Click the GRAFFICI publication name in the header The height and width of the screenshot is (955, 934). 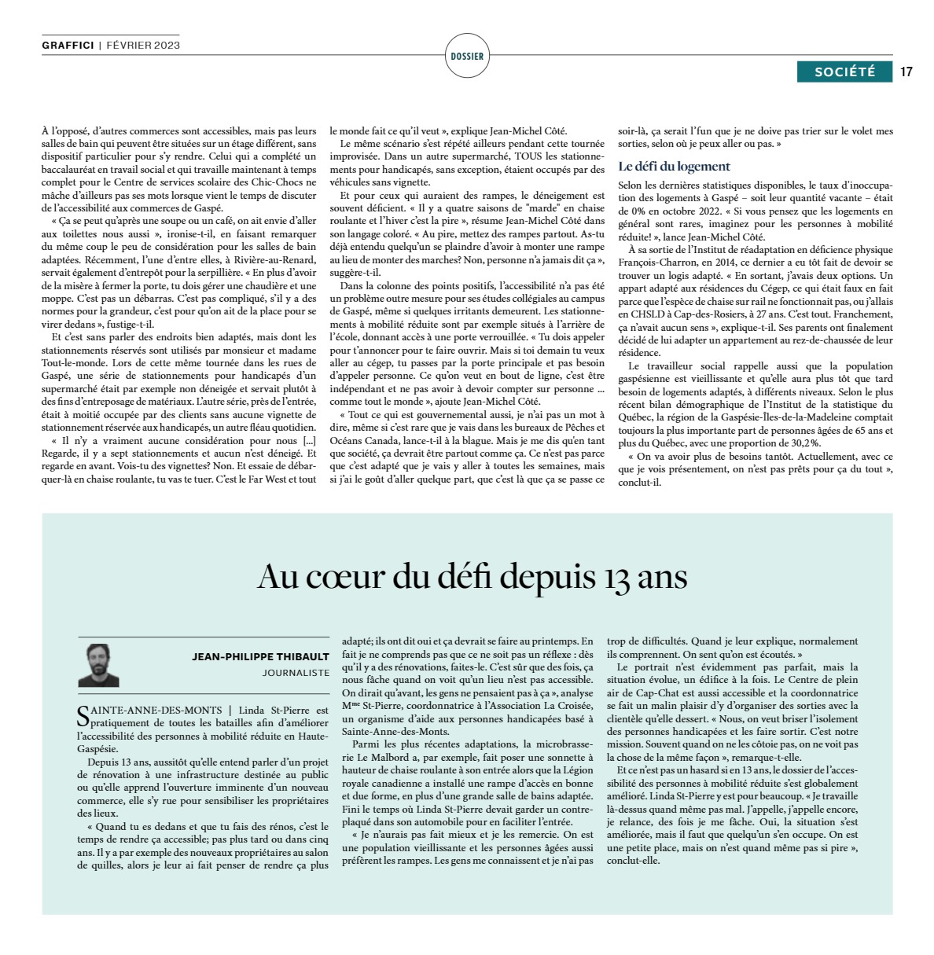(68, 46)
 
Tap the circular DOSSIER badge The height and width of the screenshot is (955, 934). (467, 56)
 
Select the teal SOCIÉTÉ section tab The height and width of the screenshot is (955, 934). (844, 72)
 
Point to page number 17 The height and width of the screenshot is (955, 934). (906, 72)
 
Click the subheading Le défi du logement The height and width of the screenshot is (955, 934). (674, 167)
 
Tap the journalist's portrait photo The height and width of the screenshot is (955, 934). (98, 665)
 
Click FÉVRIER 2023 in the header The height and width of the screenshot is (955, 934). (143, 46)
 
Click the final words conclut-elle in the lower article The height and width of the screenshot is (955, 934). (633, 861)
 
